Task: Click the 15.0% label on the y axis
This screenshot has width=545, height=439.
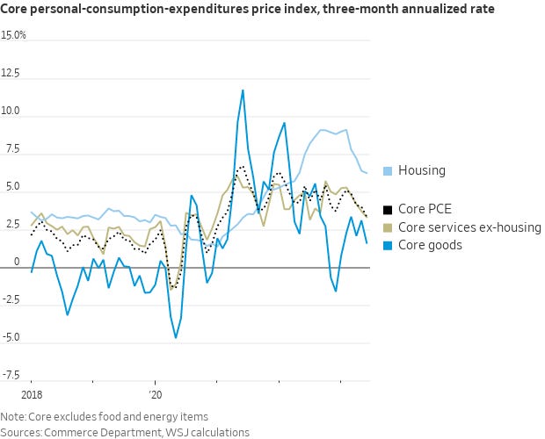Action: [x=13, y=36]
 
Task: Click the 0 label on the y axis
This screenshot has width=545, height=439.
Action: [x=4, y=262]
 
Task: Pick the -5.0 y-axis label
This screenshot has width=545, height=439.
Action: [x=11, y=336]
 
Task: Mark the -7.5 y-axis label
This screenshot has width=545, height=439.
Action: [x=11, y=374]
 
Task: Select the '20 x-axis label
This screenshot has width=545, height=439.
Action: [x=156, y=395]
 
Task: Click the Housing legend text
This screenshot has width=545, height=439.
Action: [x=421, y=170]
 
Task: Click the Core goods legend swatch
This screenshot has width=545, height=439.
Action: [x=389, y=245]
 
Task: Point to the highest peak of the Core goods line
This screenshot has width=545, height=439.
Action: [x=243, y=90]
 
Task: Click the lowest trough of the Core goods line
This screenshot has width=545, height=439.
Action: [x=176, y=338]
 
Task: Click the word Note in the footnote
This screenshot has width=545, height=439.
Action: [x=13, y=416]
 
